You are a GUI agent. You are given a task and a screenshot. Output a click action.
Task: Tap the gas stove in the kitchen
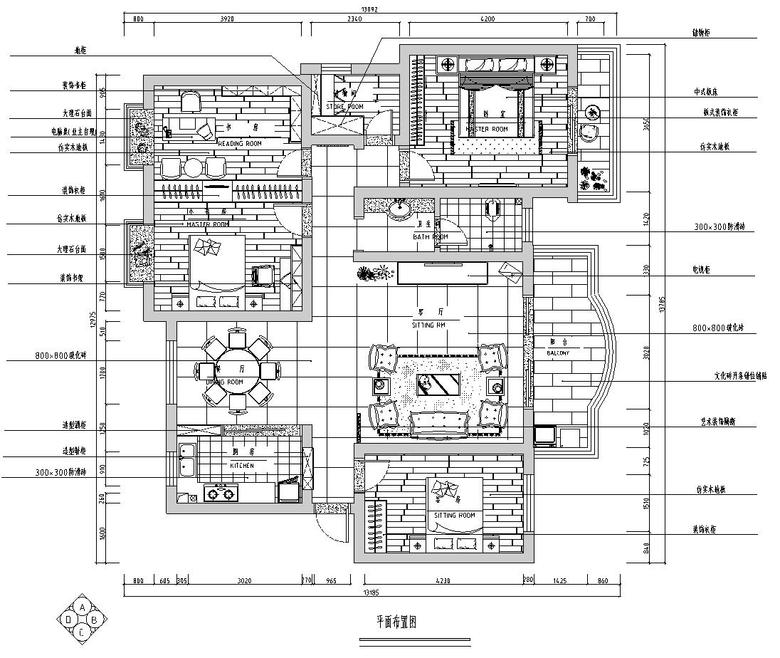[x=220, y=492]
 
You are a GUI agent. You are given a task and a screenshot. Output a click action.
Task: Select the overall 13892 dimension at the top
[x=341, y=7]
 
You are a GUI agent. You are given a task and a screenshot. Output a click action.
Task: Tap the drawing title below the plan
[x=393, y=621]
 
